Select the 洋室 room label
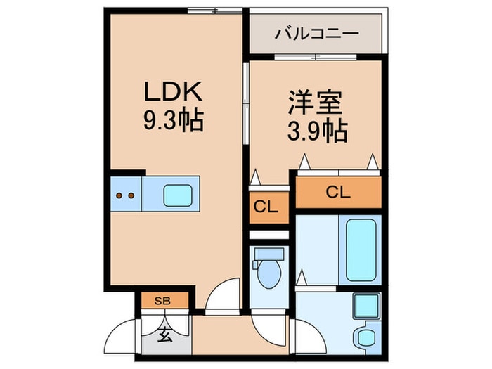pos(314,103)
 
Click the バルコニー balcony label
pos(316,33)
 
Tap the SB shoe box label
pos(162,301)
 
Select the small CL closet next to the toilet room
pos(268,207)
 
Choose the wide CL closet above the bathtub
pos(338,192)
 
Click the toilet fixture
pos(268,276)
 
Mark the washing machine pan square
pos(365,307)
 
